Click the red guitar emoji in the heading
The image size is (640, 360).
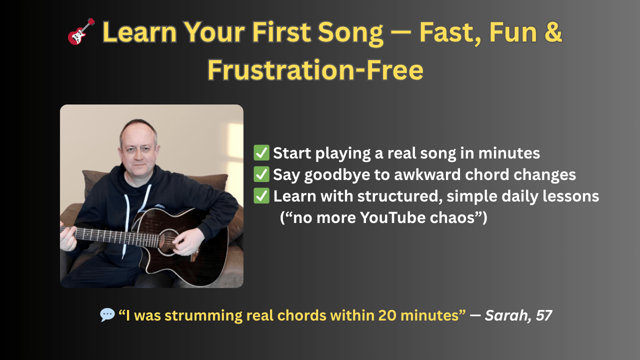(x=81, y=31)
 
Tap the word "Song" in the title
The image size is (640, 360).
(x=350, y=32)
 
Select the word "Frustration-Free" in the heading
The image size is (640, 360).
(x=315, y=70)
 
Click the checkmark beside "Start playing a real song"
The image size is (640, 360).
(x=261, y=153)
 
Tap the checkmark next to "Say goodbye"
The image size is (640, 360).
(x=261, y=174)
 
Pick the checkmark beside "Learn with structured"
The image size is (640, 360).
(x=261, y=195)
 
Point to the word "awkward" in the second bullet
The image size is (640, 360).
(x=427, y=174)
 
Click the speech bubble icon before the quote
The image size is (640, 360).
(x=107, y=315)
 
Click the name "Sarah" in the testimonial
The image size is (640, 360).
(x=506, y=315)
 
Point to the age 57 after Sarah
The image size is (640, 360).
(x=543, y=315)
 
